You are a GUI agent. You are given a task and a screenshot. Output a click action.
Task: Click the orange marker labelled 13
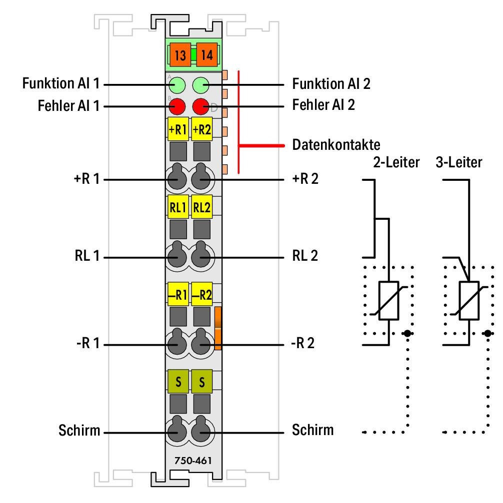click(180, 55)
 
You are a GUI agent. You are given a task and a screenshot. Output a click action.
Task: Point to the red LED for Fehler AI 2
click(201, 106)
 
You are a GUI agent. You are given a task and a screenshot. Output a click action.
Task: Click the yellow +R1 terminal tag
click(177, 130)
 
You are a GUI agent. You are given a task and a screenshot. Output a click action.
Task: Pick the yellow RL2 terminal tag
click(202, 207)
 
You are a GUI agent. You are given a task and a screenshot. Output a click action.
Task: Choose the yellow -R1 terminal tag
click(177, 295)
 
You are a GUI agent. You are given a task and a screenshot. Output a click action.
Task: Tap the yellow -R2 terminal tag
click(202, 295)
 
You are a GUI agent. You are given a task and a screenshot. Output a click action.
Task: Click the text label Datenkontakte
click(336, 145)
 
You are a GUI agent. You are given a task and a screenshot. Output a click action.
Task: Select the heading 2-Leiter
click(396, 162)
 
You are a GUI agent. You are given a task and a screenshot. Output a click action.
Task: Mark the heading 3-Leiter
click(459, 162)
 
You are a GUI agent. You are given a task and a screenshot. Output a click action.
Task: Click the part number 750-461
click(189, 460)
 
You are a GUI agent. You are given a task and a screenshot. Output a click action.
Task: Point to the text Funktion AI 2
click(331, 83)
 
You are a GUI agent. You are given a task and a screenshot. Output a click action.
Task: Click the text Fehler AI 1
click(68, 106)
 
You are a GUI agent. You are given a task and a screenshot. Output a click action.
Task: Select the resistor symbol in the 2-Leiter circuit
click(388, 301)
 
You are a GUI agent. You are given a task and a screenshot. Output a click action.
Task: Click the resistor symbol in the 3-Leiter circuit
click(469, 301)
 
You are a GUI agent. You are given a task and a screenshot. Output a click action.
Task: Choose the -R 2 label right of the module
click(303, 344)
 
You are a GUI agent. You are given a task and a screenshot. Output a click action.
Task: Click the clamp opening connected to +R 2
click(202, 178)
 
